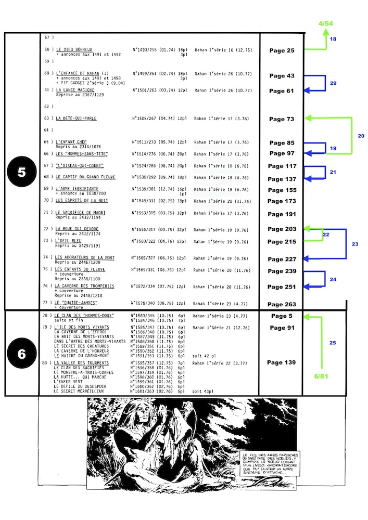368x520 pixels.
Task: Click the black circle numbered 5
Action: (x=22, y=173)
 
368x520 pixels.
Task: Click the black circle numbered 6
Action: (x=22, y=354)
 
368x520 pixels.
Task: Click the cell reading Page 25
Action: (x=282, y=50)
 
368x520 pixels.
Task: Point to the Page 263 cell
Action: (x=282, y=304)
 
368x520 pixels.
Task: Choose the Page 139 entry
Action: (x=282, y=362)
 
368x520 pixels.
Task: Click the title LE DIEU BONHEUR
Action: (x=74, y=49)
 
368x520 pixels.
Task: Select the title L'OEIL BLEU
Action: (x=69, y=241)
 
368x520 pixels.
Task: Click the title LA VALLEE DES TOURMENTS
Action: (x=82, y=362)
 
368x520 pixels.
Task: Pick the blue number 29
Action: (x=333, y=83)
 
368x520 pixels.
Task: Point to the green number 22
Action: (x=326, y=235)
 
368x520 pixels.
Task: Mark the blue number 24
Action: (x=333, y=279)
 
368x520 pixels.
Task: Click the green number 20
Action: (x=361, y=136)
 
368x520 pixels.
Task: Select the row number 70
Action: (x=49, y=200)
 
